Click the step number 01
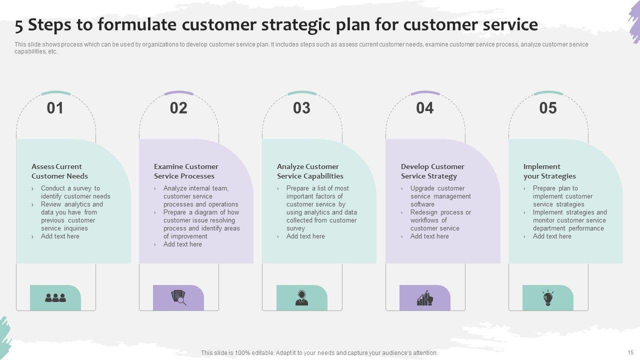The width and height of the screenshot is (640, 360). coord(55,108)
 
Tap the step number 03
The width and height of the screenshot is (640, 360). coord(301,108)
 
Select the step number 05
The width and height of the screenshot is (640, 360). coord(548,108)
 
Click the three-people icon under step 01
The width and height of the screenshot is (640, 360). coord(55,297)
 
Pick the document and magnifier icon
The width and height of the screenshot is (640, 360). coord(178,297)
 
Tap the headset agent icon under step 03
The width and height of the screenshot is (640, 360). coord(301,297)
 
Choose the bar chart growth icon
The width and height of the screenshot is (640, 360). coord(425,298)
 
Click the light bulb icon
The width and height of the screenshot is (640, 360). coord(548,298)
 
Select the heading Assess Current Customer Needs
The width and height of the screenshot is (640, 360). coord(59,171)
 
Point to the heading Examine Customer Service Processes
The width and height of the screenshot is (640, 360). coord(186,171)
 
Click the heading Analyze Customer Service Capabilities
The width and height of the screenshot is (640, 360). coord(310,171)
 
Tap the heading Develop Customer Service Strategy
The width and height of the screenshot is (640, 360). coord(432,171)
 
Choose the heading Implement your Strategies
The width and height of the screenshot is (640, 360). coord(549,171)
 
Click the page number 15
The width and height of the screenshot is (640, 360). coord(630,352)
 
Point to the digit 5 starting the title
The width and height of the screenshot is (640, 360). coord(19,26)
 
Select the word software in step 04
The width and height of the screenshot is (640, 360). coord(422,204)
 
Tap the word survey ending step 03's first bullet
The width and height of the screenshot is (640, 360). coord(295,228)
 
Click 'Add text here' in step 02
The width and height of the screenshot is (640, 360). coord(182,244)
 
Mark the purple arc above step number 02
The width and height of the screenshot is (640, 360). coord(179,92)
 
